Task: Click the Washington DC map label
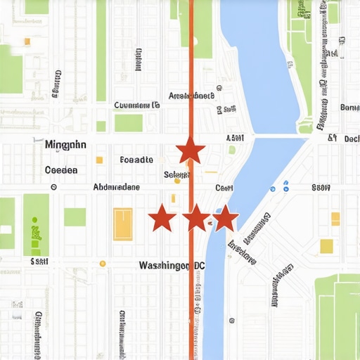(172, 266)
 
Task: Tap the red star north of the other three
(191, 150)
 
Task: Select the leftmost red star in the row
(162, 219)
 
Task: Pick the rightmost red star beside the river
(224, 219)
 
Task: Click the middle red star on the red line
(196, 219)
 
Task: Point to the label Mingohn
(65, 145)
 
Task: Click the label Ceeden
(61, 170)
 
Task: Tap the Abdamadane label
(116, 187)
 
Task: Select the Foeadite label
(136, 160)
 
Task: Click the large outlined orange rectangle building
(123, 224)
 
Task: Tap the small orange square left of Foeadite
(99, 160)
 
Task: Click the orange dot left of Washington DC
(103, 264)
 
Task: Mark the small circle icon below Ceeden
(53, 187)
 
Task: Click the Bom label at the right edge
(349, 108)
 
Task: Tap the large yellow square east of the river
(326, 246)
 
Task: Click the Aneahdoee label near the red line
(191, 96)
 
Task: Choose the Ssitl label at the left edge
(39, 261)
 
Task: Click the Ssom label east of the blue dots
(321, 187)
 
